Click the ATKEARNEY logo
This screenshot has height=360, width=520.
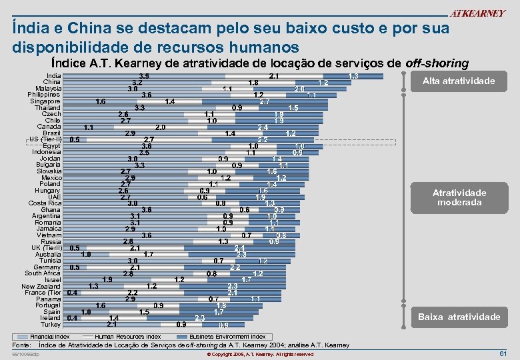tap(477, 13)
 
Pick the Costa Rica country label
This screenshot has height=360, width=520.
tap(45, 203)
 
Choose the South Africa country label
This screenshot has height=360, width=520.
tap(43, 273)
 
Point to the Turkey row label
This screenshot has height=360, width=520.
tap(51, 324)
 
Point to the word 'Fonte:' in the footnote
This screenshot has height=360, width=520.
tap(24, 345)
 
